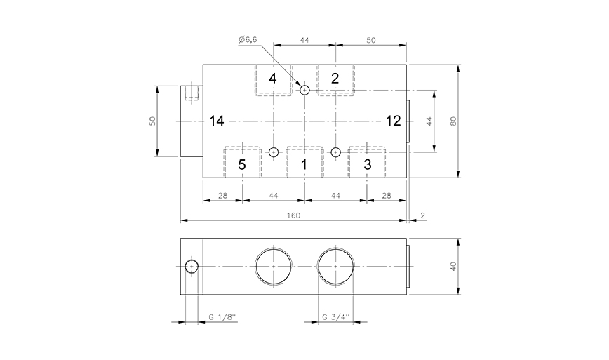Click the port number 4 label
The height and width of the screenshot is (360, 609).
click(x=273, y=78)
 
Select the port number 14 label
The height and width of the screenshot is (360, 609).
click(x=216, y=121)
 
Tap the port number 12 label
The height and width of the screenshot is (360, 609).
click(x=393, y=121)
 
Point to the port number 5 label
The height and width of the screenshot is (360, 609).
click(x=241, y=165)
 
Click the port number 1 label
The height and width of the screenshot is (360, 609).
click(x=304, y=165)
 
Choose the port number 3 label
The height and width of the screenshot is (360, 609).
click(x=366, y=165)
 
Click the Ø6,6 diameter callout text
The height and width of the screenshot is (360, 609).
click(x=250, y=41)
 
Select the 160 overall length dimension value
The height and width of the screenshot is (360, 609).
click(x=293, y=215)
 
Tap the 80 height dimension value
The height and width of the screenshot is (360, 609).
click(x=453, y=121)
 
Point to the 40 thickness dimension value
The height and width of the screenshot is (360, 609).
click(x=453, y=267)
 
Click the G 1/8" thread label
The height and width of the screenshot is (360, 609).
click(x=222, y=317)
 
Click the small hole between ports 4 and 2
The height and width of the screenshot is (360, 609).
click(x=304, y=90)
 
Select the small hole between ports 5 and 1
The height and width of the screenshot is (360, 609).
click(x=274, y=152)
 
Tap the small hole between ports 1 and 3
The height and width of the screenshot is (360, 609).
click(x=335, y=152)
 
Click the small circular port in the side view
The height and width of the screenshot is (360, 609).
click(x=191, y=267)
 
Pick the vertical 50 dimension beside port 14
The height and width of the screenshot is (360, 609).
click(x=152, y=121)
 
